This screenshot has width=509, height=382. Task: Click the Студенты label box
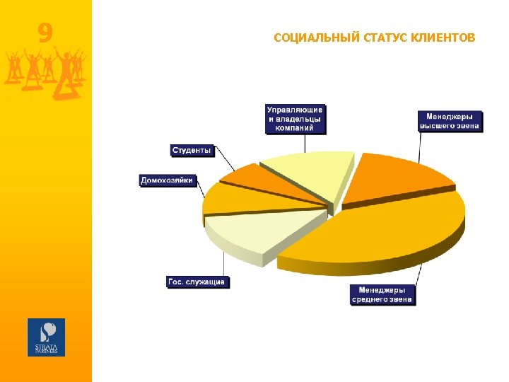(x=192, y=150)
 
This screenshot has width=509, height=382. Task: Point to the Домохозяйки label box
(x=167, y=180)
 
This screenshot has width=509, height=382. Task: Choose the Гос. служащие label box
(x=197, y=282)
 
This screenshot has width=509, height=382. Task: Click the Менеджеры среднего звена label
(x=382, y=294)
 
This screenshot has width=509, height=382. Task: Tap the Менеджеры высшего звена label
(x=450, y=120)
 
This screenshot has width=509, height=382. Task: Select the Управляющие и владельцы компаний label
(x=295, y=119)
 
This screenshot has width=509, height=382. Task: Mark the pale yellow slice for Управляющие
(x=311, y=173)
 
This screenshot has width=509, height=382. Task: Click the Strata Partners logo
(x=46, y=337)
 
